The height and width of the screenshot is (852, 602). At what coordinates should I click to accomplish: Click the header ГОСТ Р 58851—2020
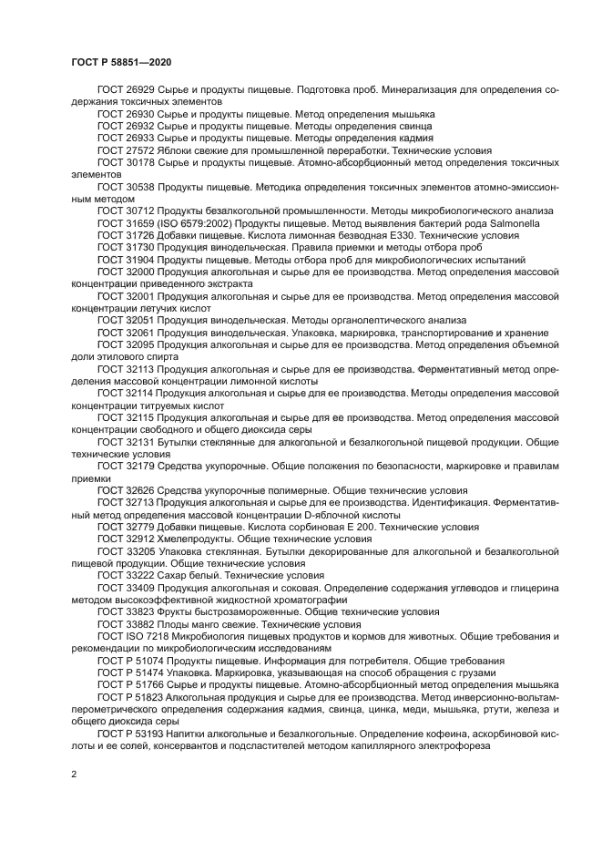click(121, 61)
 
